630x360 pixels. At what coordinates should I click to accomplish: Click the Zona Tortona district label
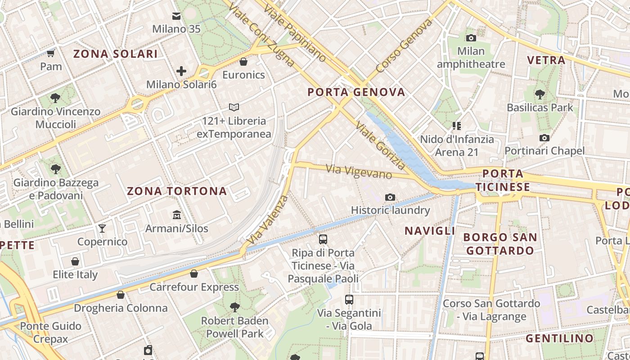(x=177, y=191)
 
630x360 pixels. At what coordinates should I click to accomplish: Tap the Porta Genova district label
(x=356, y=92)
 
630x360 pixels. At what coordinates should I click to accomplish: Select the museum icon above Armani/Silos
(x=177, y=215)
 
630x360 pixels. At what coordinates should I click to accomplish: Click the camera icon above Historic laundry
(x=390, y=197)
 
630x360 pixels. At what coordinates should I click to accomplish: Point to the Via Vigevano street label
(x=359, y=171)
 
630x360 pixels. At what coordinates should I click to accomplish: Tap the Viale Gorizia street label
(x=380, y=145)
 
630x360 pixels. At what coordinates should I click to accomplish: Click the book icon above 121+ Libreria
(x=234, y=107)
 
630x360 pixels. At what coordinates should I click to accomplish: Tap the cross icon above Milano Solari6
(x=181, y=71)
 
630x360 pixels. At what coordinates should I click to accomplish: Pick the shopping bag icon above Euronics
(x=243, y=61)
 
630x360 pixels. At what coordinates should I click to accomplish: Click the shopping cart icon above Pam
(x=51, y=54)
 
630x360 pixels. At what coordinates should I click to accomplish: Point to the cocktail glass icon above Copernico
(x=102, y=229)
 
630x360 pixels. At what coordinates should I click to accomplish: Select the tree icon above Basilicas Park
(x=540, y=94)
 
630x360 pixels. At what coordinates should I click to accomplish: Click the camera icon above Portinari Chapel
(x=544, y=138)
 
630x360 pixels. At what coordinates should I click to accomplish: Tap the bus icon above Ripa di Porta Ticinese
(x=323, y=239)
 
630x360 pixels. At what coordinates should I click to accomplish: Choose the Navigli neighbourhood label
(x=430, y=231)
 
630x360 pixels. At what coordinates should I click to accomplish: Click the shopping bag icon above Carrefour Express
(x=194, y=274)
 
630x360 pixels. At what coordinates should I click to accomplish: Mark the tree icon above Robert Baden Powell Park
(x=234, y=307)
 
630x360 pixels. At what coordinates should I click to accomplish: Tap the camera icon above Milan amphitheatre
(x=471, y=38)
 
